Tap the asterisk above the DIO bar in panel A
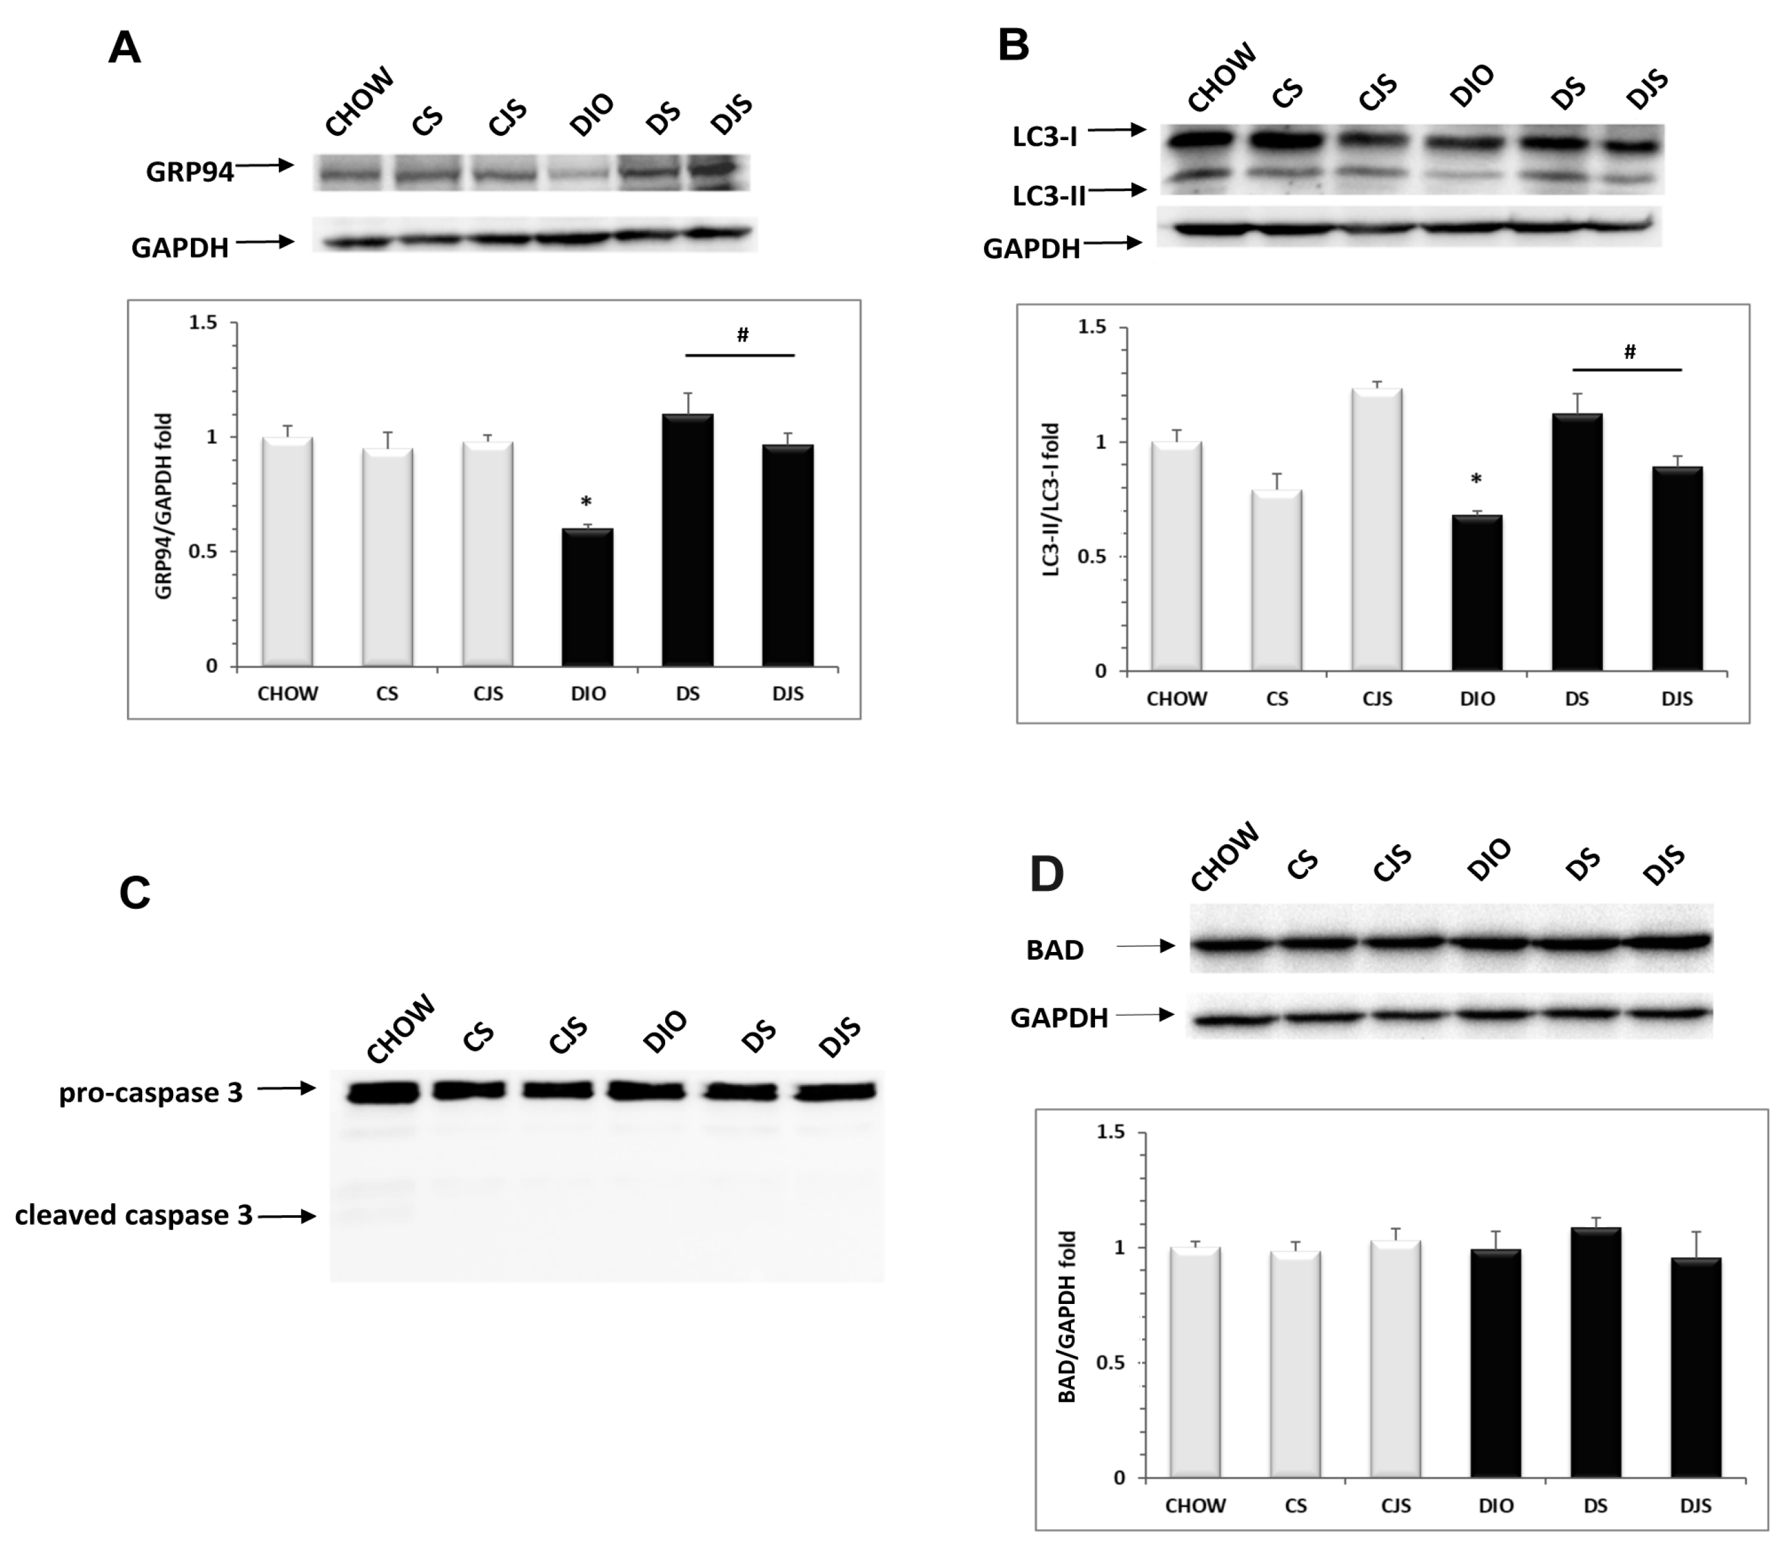point(587,502)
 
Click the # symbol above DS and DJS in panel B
point(1629,353)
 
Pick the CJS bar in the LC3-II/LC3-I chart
point(1377,529)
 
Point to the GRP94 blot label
point(190,172)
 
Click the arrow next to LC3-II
point(1117,190)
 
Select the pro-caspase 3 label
point(151,1093)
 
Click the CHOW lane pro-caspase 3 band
point(382,1092)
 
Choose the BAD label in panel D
point(1055,949)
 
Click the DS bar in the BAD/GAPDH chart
point(1595,1352)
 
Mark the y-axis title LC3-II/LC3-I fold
point(1051,499)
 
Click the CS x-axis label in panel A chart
point(387,694)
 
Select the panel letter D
point(1047,873)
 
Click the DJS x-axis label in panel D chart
point(1695,1506)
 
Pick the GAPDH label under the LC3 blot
point(1031,250)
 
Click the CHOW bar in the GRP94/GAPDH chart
point(287,552)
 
